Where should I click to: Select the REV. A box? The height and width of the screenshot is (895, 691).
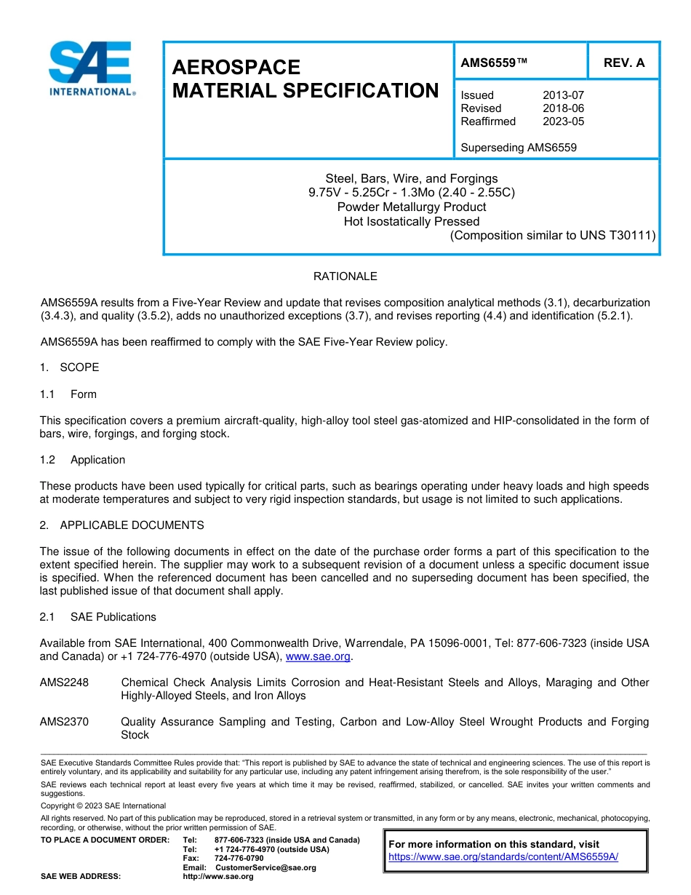coord(623,63)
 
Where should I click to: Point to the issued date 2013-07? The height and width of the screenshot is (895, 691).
coord(563,95)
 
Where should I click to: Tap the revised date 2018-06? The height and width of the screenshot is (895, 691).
coord(563,108)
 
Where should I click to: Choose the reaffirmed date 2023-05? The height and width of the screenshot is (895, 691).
coord(563,122)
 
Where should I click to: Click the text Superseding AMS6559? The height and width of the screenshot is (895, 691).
coord(519,148)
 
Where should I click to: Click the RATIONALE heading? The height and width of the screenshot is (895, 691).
coord(345,277)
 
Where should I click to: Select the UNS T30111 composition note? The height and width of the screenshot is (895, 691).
coord(553,235)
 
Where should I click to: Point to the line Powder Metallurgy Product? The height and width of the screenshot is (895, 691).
coord(412,207)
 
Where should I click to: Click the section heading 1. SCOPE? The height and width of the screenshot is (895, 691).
coord(69,367)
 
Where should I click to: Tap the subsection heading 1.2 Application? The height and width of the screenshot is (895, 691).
coord(82,460)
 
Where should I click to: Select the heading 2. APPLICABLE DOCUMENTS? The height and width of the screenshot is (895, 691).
coord(121,525)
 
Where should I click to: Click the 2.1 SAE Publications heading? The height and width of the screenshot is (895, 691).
coord(97,617)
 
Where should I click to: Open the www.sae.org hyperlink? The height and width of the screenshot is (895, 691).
coord(319,656)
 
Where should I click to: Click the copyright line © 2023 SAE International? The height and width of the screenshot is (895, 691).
coord(103,805)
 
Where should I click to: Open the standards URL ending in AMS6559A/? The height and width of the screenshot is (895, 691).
coord(503,856)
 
